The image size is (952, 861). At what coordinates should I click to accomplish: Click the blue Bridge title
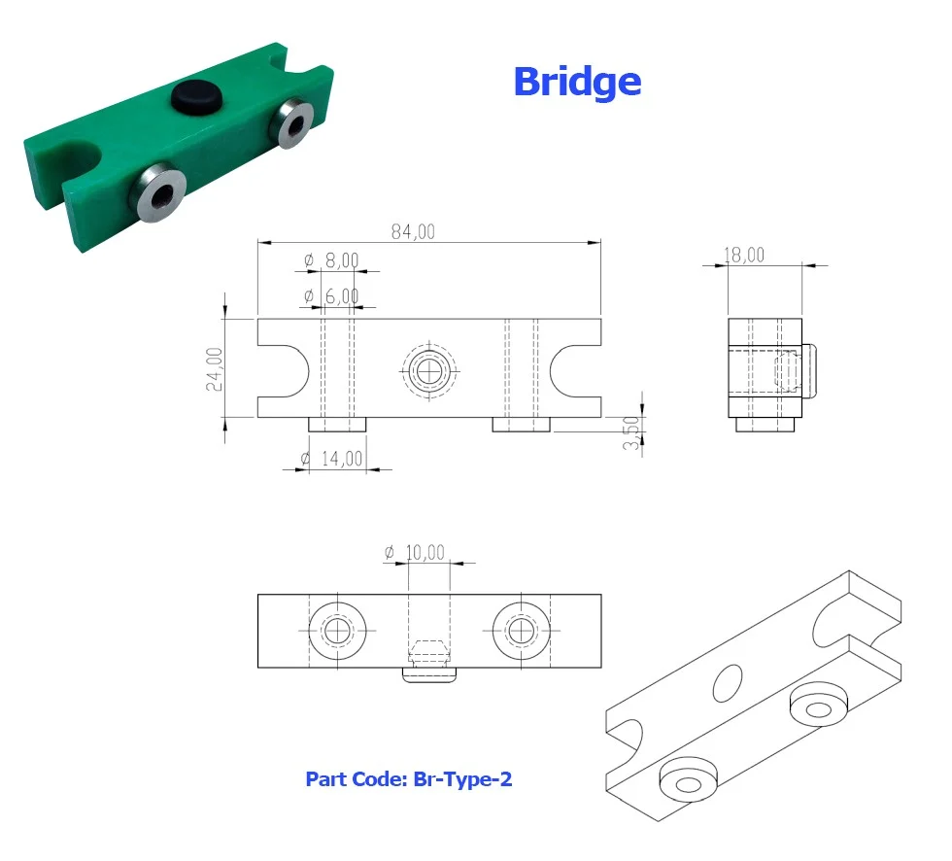[x=577, y=83]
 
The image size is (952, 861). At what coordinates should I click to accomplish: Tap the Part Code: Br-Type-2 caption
[x=409, y=779]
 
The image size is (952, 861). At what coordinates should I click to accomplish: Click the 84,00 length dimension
[x=413, y=231]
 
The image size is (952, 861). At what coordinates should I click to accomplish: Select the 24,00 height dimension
[x=215, y=368]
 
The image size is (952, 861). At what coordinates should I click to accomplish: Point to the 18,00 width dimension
[x=744, y=255]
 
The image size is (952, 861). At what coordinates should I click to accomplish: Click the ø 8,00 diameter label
[x=331, y=260]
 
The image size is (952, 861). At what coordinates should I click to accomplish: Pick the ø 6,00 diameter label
[x=331, y=296]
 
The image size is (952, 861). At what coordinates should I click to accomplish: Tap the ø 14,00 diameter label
[x=332, y=459]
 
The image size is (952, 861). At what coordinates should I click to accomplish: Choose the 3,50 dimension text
[x=631, y=432]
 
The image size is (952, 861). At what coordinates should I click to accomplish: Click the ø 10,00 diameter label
[x=415, y=553]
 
